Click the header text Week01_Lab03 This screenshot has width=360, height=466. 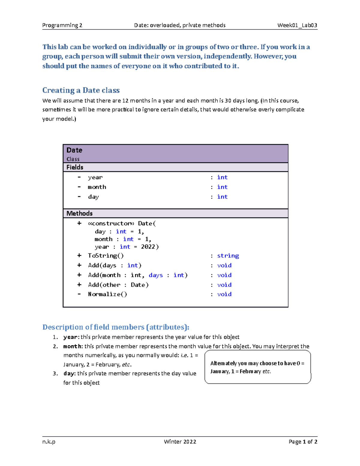coord(297,25)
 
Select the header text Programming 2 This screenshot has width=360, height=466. coord(62,25)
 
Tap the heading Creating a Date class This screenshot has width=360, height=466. coord(81,90)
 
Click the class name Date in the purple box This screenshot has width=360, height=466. coord(74,150)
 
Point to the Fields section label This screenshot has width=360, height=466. coord(75,167)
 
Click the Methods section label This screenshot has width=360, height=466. coord(79,213)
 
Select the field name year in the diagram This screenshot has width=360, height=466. coord(95,177)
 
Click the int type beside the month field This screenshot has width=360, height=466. coord(222,187)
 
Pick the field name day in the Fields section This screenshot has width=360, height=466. coord(93,197)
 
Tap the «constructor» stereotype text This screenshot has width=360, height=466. coord(111,224)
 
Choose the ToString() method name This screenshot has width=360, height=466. coord(106,256)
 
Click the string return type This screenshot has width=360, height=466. coord(228,256)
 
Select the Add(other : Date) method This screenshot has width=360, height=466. coord(118,285)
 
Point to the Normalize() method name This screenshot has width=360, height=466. coord(107,294)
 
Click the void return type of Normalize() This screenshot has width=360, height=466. coord(224,294)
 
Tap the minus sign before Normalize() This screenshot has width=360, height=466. coord(79,294)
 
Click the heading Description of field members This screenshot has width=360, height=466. coord(116,327)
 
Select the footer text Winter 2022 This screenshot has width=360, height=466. coord(180,442)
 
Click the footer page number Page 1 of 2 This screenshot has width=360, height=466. coord(303,442)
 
